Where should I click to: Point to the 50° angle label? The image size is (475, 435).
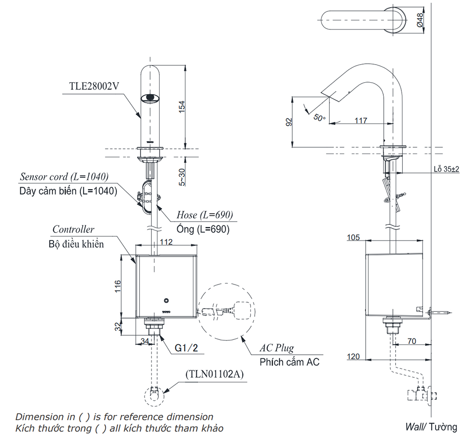[x=320, y=116]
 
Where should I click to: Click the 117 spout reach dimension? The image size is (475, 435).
[x=361, y=121]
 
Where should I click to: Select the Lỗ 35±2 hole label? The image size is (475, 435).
[x=446, y=169]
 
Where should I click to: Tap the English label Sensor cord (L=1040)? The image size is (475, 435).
[x=64, y=177]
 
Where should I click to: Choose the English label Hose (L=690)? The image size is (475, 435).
[x=205, y=215]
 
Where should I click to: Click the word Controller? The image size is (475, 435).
[x=73, y=230]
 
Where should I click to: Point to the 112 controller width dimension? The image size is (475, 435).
[x=166, y=242]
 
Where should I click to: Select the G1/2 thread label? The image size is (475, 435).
[x=186, y=348]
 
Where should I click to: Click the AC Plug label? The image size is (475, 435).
[x=276, y=348]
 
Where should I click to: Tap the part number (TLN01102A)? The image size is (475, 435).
[x=214, y=374]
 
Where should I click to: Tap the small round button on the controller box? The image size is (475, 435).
[x=166, y=300]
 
